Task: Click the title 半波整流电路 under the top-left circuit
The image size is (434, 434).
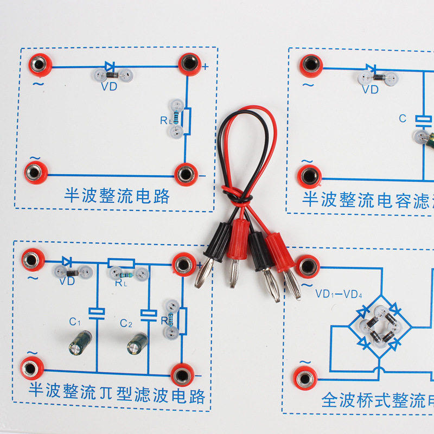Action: click(117, 196)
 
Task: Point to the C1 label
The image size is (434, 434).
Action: click(75, 322)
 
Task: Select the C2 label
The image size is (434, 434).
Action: click(126, 324)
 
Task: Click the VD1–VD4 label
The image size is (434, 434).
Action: click(339, 295)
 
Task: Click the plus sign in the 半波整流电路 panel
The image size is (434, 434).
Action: click(206, 68)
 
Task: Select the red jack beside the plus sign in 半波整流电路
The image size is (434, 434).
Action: click(189, 64)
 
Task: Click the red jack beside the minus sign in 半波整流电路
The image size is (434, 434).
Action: click(186, 174)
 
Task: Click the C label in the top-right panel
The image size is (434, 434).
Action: click(403, 118)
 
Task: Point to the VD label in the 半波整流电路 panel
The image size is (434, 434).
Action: click(109, 86)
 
